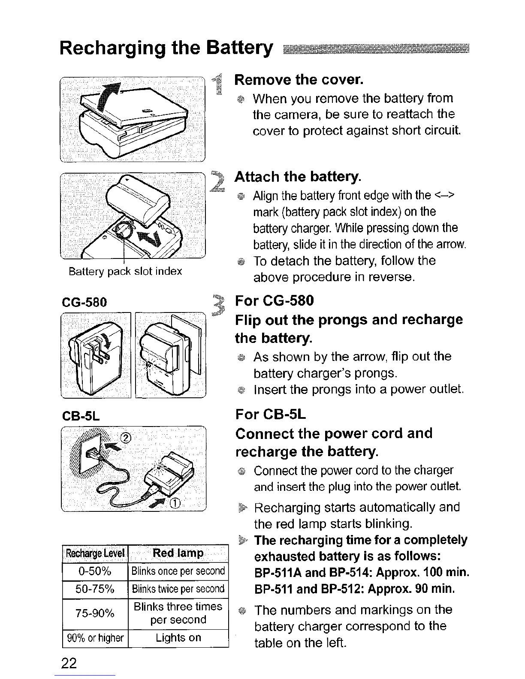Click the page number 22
tap(69, 663)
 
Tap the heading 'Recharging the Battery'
tap(166, 48)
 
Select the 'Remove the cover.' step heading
tap(299, 79)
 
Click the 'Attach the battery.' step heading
tap(298, 177)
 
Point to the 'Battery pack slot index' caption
tap(125, 271)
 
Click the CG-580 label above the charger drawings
tap(84, 302)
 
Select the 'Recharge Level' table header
tap(95, 553)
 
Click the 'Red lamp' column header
tap(178, 553)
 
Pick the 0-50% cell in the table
tap(95, 571)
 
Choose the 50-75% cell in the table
tap(95, 589)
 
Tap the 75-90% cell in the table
tap(95, 613)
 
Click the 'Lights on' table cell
tap(178, 638)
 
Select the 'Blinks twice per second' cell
tap(178, 589)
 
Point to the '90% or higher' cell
tap(95, 638)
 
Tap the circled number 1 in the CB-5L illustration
tap(176, 503)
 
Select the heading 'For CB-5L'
tap(271, 415)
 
